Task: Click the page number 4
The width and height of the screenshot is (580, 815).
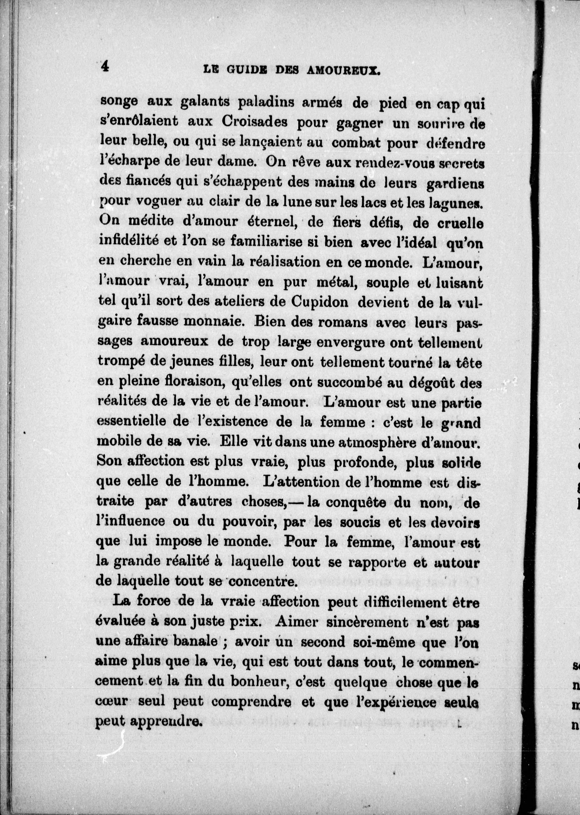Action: (x=105, y=67)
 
